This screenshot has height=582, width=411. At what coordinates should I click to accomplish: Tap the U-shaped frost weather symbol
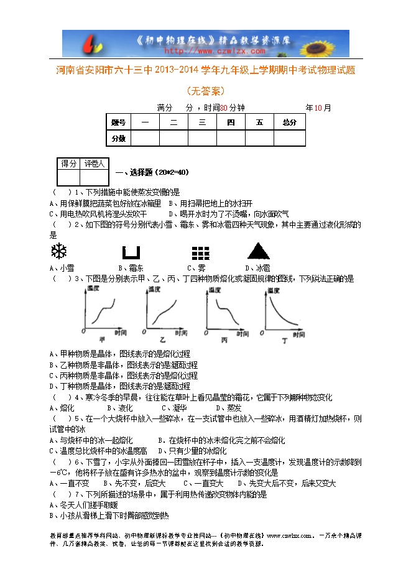tap(131, 252)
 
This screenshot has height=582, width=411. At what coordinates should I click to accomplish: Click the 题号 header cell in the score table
tap(118, 122)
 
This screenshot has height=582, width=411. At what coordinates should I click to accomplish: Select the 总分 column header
tap(289, 122)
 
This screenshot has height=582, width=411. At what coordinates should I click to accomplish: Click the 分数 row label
tap(118, 138)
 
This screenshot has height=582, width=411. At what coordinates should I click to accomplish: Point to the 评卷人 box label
tap(95, 164)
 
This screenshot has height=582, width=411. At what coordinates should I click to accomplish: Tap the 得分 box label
tap(68, 164)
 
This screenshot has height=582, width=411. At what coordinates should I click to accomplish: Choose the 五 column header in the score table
tap(259, 122)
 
